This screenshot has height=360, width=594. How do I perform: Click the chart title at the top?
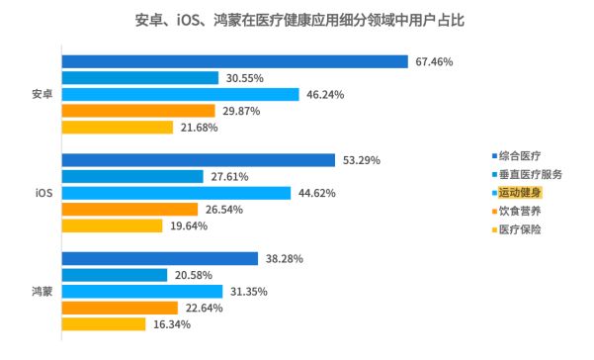[x=297, y=19]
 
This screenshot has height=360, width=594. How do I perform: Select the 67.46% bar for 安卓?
[x=235, y=61]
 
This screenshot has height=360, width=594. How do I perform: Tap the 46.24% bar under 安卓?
[x=181, y=94]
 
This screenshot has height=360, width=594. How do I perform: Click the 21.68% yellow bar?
[x=118, y=127]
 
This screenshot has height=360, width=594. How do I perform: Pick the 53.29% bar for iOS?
[x=199, y=160]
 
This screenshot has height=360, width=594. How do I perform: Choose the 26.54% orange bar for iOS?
[x=130, y=209]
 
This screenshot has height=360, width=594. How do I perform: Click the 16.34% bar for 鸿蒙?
[x=104, y=323]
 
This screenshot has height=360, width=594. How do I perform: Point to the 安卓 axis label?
[x=42, y=94]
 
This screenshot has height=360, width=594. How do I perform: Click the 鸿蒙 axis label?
[x=42, y=291]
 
